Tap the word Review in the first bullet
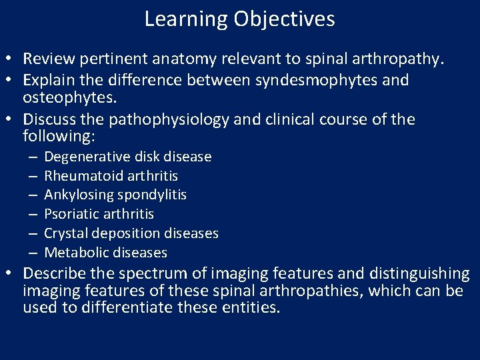(49, 59)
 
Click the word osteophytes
(69, 97)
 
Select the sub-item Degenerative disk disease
(127, 157)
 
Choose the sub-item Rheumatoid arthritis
(111, 176)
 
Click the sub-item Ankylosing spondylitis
(115, 195)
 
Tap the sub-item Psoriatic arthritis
(99, 214)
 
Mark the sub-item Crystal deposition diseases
(131, 233)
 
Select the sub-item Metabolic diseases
(105, 253)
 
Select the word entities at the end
(253, 308)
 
